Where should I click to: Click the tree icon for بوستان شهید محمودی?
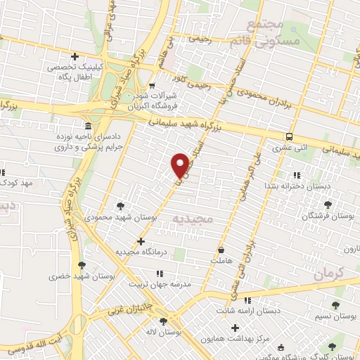[x=121, y=206]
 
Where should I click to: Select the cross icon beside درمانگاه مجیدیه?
[x=141, y=241]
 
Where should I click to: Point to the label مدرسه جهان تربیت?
[x=158, y=284]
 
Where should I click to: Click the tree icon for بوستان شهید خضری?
[x=82, y=265]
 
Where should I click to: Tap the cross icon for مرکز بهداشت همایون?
[x=235, y=327]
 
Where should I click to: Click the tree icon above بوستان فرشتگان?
[x=327, y=205]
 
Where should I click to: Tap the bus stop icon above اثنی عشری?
[x=290, y=137]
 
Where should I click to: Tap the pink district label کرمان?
[x=327, y=271]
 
